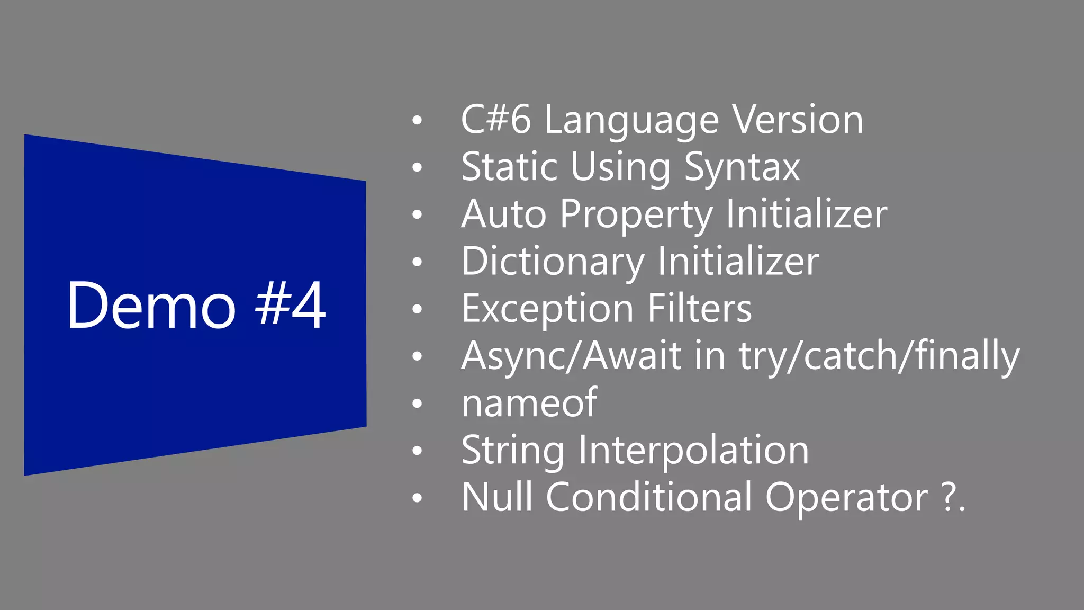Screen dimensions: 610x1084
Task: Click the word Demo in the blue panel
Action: click(x=151, y=306)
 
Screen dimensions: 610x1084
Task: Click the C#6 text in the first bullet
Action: click(x=495, y=120)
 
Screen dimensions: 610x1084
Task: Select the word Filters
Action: click(x=699, y=308)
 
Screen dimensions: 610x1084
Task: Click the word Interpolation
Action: click(x=693, y=450)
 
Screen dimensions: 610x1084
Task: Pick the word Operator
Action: click(x=846, y=498)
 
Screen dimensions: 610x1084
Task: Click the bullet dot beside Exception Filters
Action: click(x=418, y=309)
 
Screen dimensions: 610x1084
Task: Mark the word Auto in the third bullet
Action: click(x=503, y=214)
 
